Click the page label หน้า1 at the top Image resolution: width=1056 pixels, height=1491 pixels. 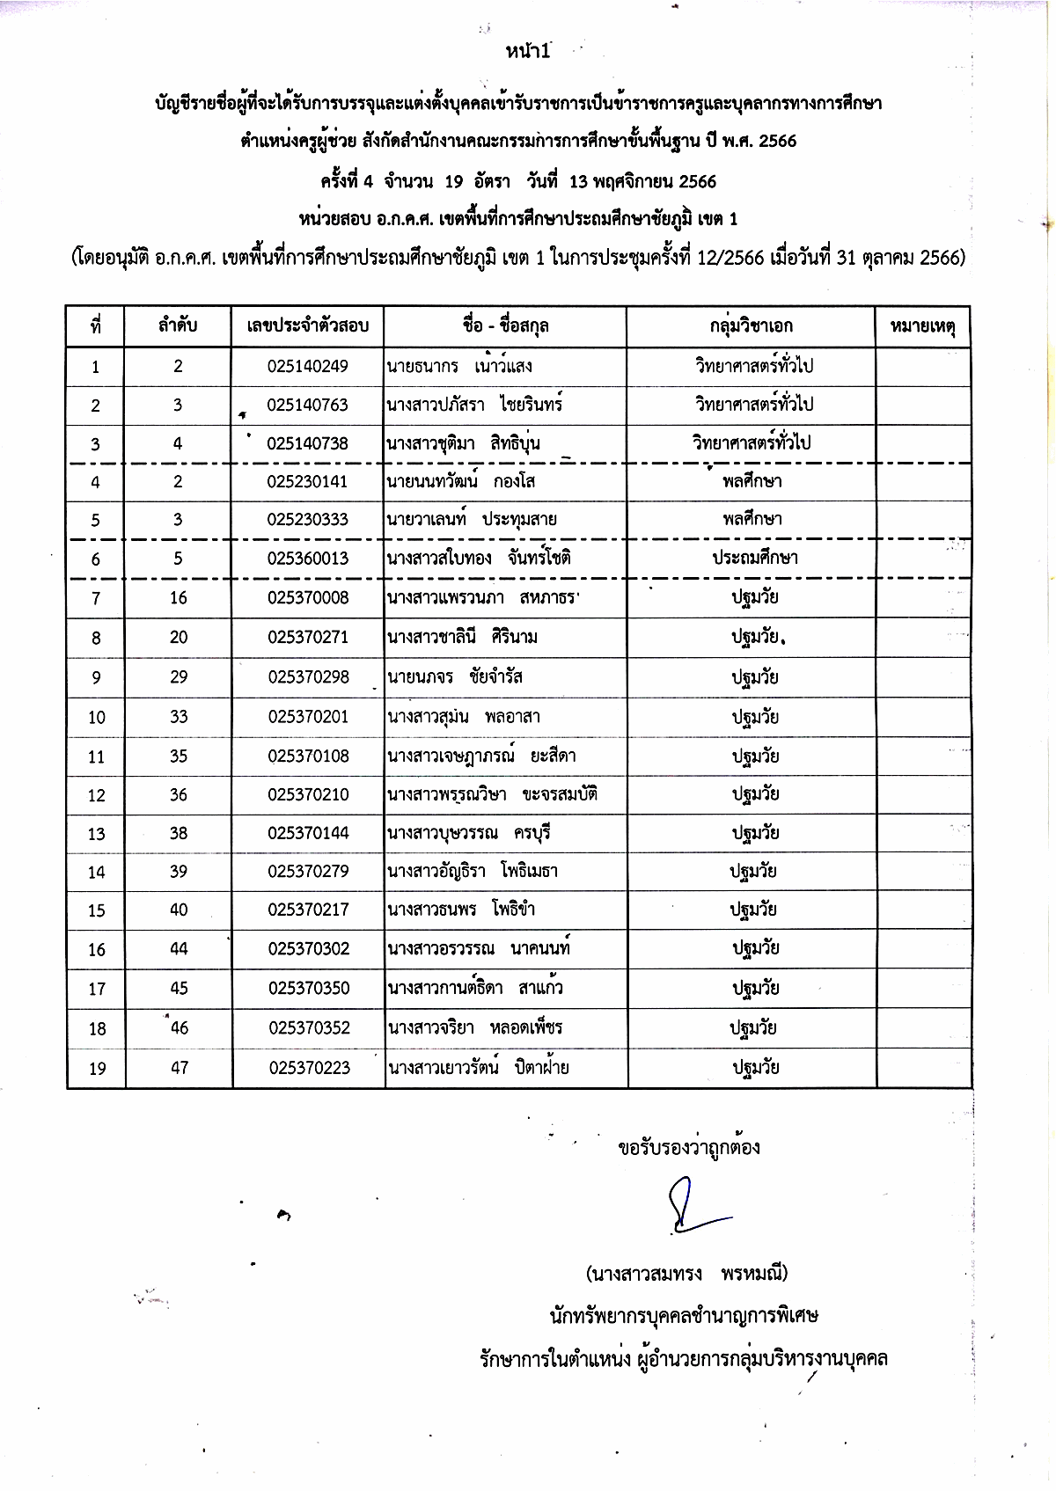point(528,51)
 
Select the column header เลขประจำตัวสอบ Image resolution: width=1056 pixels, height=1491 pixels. point(308,326)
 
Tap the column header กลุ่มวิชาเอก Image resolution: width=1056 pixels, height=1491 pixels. point(751,326)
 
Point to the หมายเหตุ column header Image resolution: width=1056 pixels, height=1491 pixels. point(923,326)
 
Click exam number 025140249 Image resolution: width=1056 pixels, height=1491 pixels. point(308,366)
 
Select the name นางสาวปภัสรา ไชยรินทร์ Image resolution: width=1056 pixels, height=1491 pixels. point(474,405)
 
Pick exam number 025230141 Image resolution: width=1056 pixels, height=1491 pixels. point(308,481)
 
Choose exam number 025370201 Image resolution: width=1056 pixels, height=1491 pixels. point(308,717)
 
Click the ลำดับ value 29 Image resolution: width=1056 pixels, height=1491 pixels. point(179,677)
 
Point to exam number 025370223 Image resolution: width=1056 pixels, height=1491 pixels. point(309,1068)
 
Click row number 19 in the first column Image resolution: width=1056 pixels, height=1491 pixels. point(97,1069)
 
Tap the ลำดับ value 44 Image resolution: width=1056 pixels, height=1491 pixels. point(179,949)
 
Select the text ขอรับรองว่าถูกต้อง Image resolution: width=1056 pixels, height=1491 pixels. point(689,1148)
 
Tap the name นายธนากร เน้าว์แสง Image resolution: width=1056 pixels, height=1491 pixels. point(459,366)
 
